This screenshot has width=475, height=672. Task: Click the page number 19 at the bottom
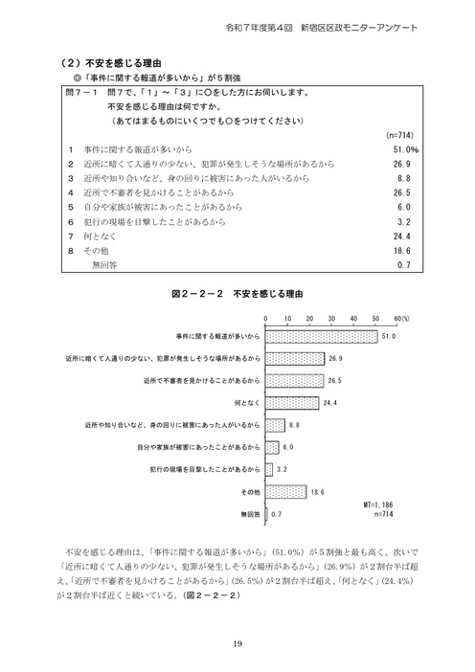pyautogui.click(x=237, y=642)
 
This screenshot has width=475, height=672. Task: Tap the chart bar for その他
pyautogui.click(x=284, y=491)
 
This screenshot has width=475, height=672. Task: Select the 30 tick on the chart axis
pyautogui.click(x=330, y=316)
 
